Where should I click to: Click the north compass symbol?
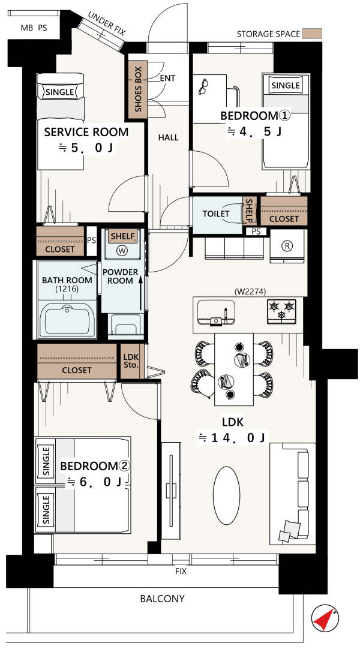click(x=325, y=618)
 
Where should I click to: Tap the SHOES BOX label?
click(x=138, y=89)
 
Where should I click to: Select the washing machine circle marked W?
click(x=122, y=250)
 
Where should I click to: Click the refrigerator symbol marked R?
click(x=286, y=245)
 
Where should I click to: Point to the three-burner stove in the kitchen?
click(x=281, y=311)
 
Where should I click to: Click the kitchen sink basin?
click(x=215, y=312)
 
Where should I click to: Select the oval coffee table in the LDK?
click(x=226, y=495)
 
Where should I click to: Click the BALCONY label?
click(x=162, y=599)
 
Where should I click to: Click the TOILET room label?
click(x=216, y=214)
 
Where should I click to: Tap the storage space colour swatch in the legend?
click(x=312, y=34)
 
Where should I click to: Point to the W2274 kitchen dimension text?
click(x=250, y=292)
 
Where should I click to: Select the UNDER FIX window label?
click(x=107, y=25)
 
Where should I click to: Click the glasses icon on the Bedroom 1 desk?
click(x=203, y=87)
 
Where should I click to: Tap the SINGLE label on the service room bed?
click(x=60, y=92)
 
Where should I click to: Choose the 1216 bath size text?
click(x=67, y=289)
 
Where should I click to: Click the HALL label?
click(x=169, y=137)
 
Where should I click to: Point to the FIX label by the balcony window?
click(x=181, y=572)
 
